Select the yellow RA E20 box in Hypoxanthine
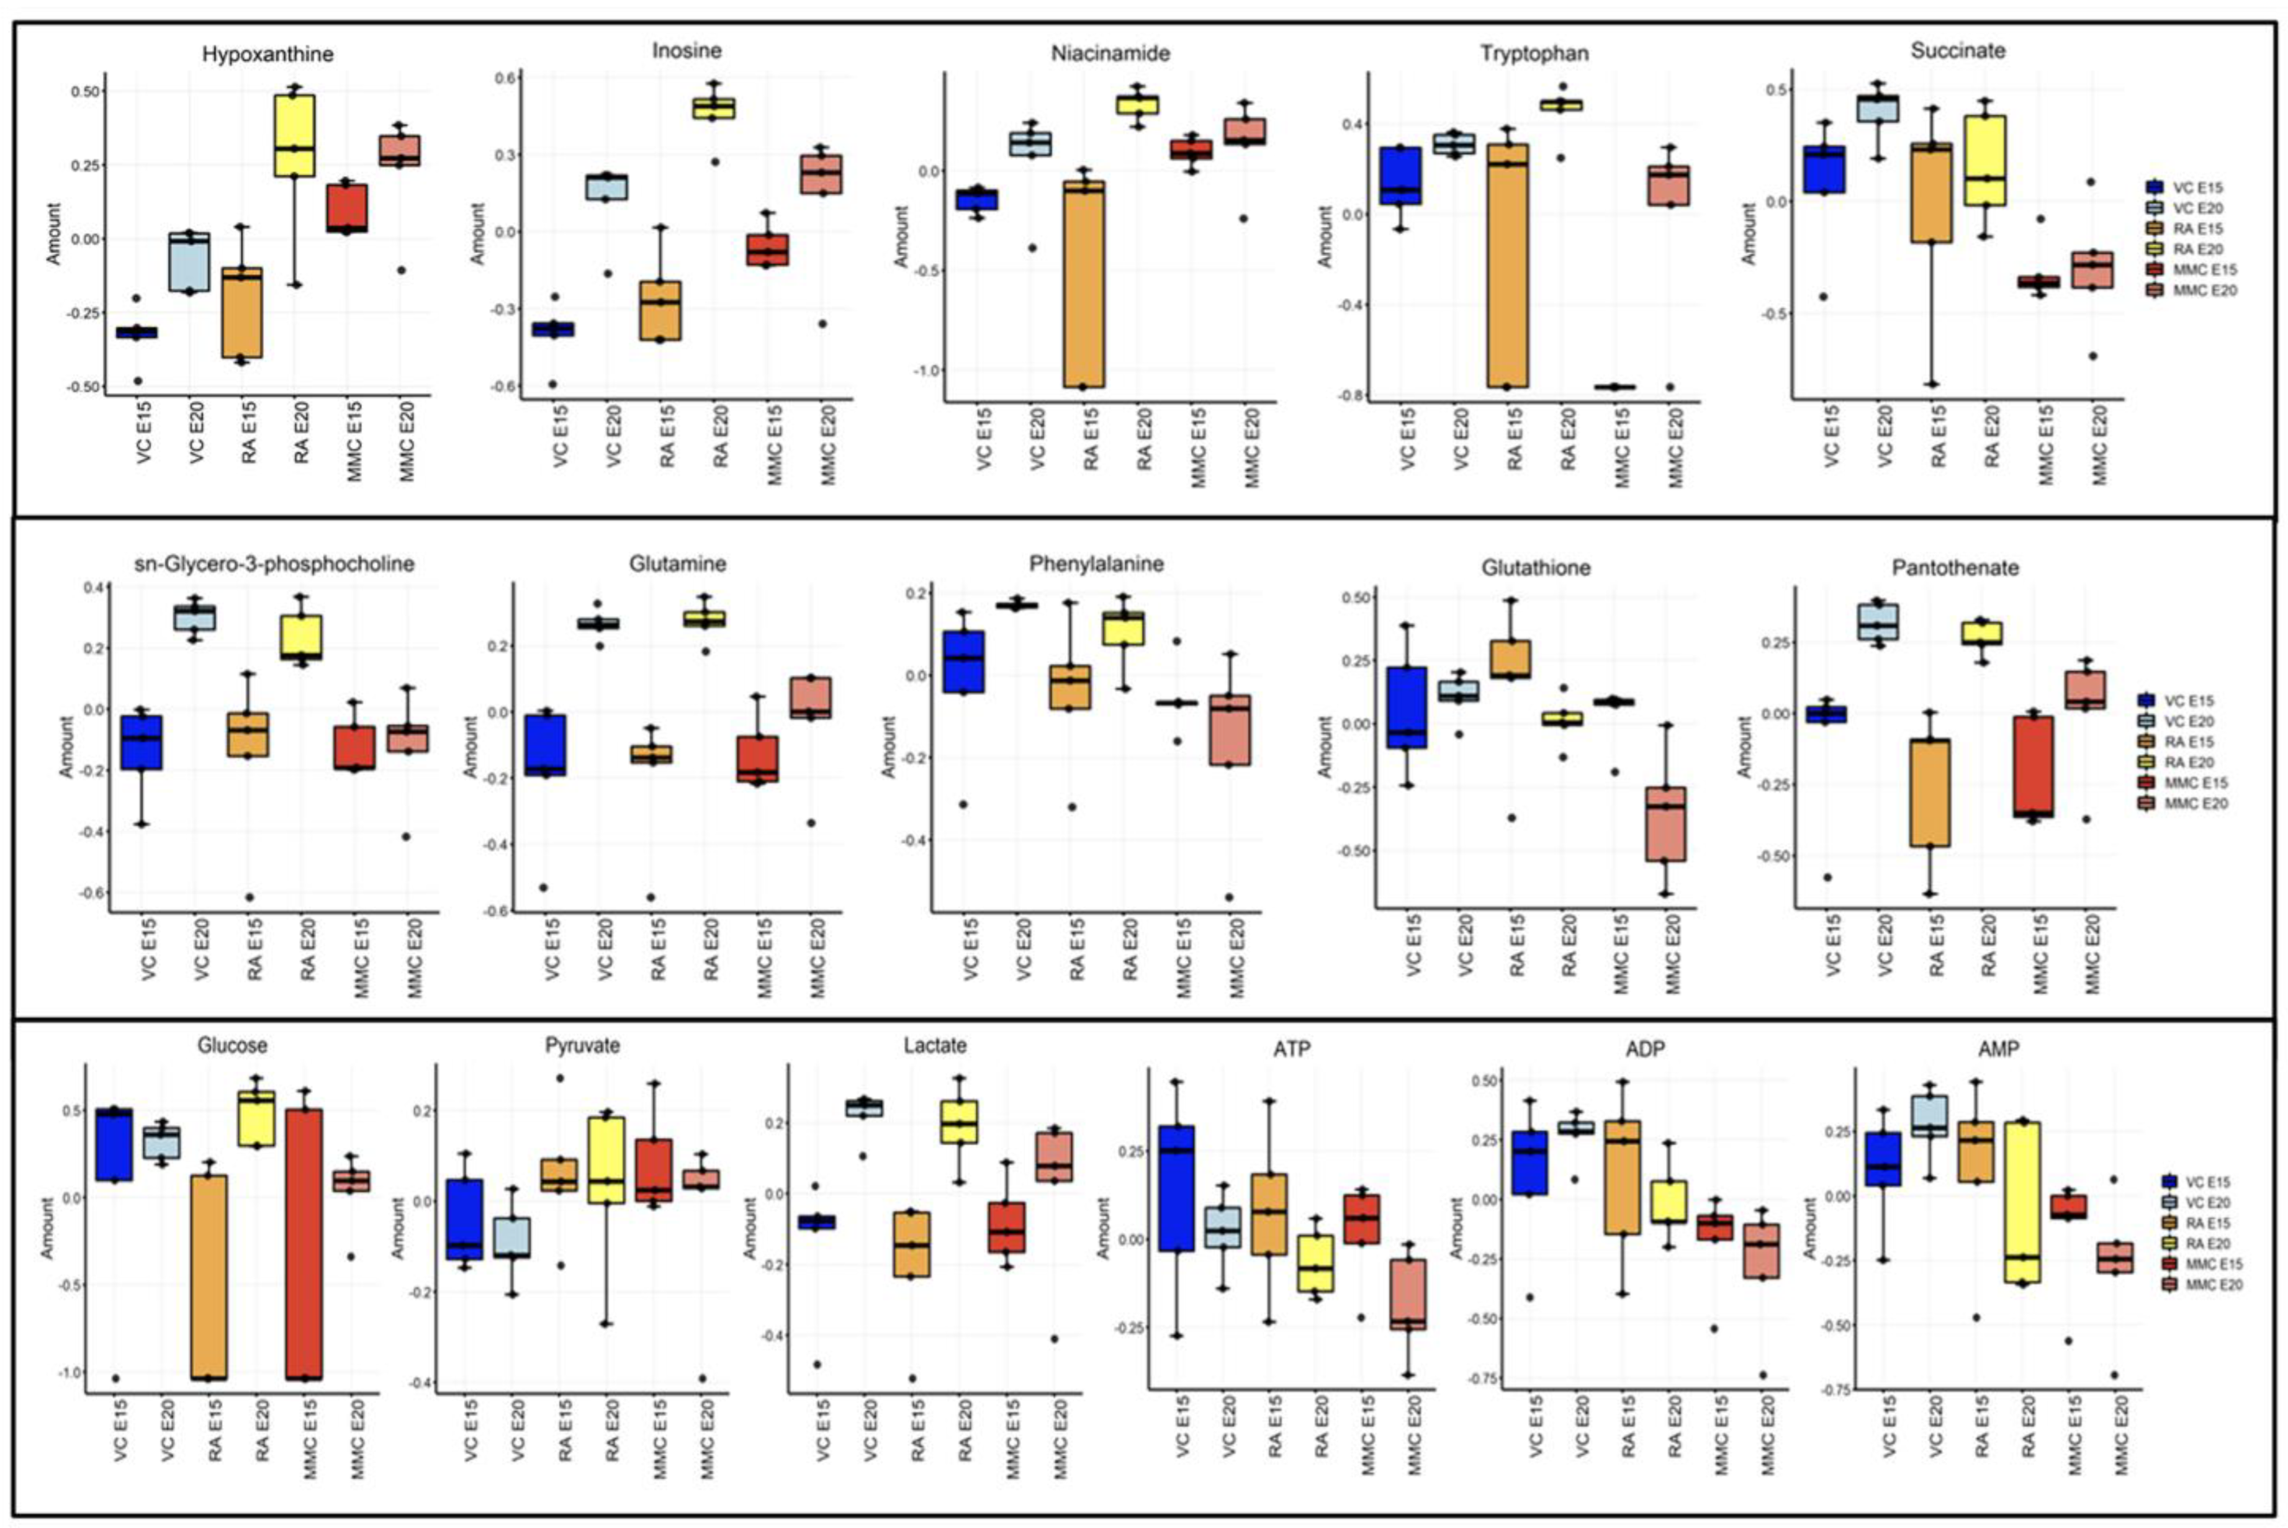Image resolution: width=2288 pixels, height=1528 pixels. tap(294, 137)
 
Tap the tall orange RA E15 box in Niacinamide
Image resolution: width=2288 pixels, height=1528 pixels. tap(1082, 282)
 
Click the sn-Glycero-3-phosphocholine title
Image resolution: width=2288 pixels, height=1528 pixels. tap(274, 564)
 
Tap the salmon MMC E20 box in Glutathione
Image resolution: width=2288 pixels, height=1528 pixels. tap(1672, 824)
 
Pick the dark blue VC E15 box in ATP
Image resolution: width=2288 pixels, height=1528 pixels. tap(1176, 1189)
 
